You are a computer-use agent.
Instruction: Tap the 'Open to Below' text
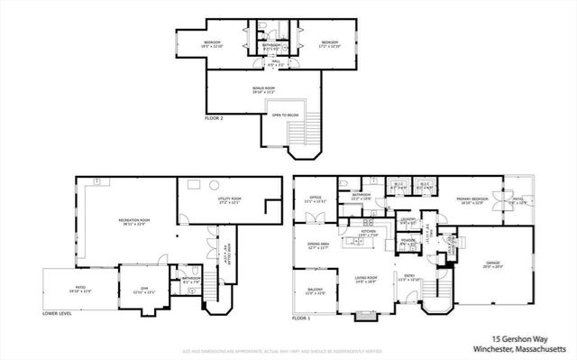click(285, 115)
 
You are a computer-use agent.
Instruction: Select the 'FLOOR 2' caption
click(215, 119)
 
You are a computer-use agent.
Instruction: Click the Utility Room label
click(231, 199)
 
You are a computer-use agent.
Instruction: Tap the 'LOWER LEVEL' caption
click(58, 314)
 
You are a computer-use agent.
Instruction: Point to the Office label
click(316, 198)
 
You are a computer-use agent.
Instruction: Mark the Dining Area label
click(318, 245)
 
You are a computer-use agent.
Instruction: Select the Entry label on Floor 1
click(409, 278)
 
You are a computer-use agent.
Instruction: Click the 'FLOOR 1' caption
click(302, 318)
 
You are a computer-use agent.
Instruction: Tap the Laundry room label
click(408, 219)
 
